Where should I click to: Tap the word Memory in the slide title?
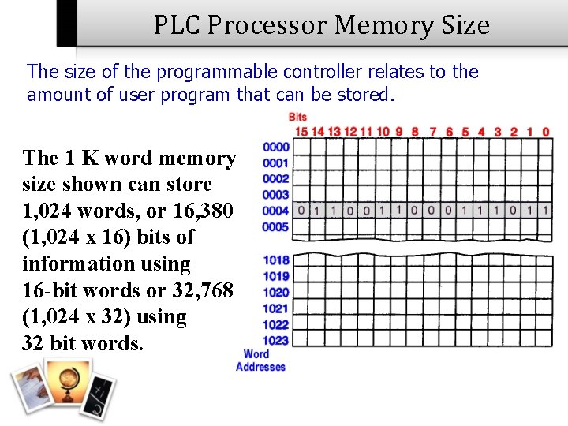click(x=379, y=26)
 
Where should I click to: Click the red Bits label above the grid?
click(x=297, y=118)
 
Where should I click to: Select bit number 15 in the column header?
click(x=301, y=132)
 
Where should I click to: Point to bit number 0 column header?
click(x=546, y=132)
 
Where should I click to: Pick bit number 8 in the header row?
click(x=415, y=132)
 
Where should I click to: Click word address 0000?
click(x=276, y=148)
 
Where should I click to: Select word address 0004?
click(x=276, y=211)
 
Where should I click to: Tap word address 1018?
click(x=276, y=260)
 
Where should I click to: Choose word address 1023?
click(x=276, y=341)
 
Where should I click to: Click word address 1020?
click(x=276, y=293)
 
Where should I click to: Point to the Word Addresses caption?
click(x=260, y=361)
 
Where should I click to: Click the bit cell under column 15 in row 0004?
click(x=301, y=211)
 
